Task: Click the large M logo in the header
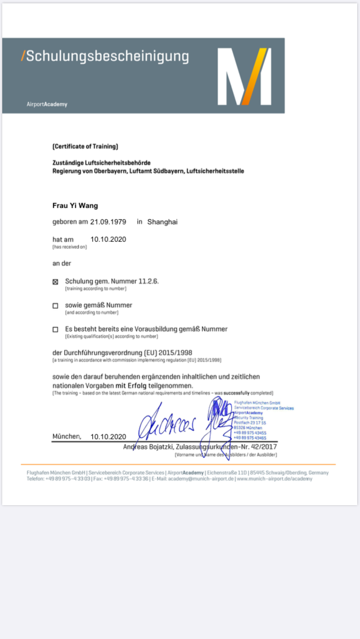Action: (x=244, y=76)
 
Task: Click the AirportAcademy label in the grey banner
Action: (x=47, y=104)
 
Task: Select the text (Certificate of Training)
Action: (x=85, y=146)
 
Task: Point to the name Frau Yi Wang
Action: (x=75, y=205)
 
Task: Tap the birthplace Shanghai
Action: (x=162, y=222)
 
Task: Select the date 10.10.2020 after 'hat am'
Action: (x=108, y=239)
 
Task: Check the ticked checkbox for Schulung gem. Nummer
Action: (x=55, y=282)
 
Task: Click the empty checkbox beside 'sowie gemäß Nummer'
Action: (x=55, y=306)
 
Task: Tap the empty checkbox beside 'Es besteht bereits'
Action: (x=55, y=330)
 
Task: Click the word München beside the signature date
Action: (x=66, y=436)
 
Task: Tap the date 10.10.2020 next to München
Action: (x=108, y=436)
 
